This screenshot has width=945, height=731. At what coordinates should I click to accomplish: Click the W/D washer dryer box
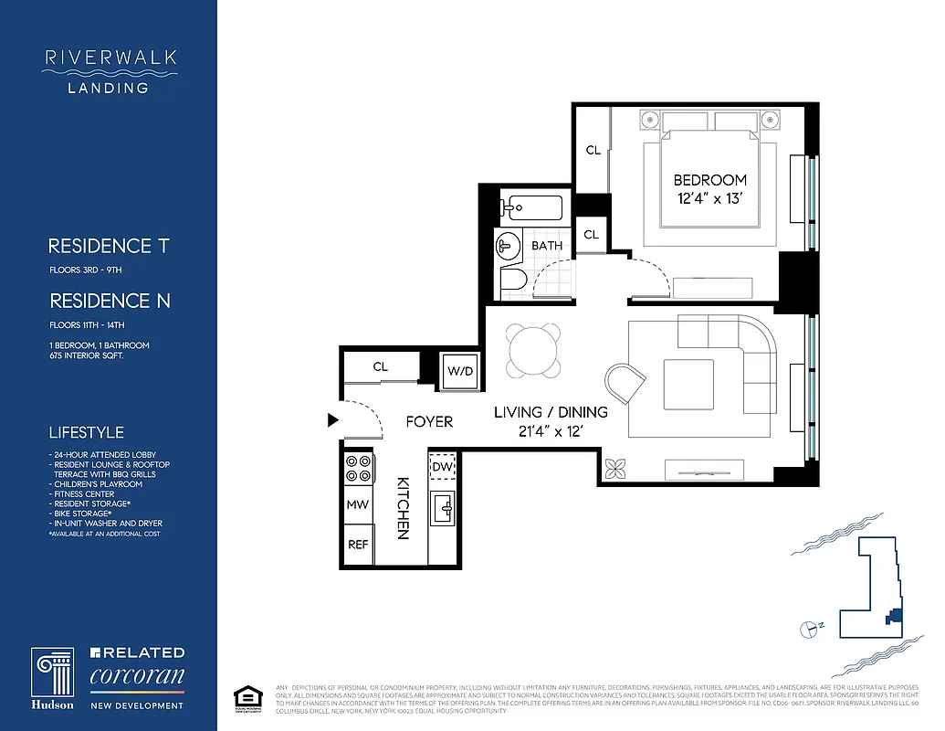[x=457, y=372]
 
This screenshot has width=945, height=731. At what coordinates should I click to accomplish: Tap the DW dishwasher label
[x=443, y=468]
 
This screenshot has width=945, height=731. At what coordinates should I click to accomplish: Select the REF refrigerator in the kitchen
[x=358, y=545]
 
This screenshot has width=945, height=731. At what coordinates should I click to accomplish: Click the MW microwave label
[x=358, y=504]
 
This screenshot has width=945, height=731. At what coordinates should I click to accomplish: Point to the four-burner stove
[x=358, y=468]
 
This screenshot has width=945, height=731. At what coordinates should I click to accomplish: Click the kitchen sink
[x=445, y=506]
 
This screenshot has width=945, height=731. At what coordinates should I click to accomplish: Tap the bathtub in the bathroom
[x=534, y=207]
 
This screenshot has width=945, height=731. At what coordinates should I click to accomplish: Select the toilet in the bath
[x=511, y=281]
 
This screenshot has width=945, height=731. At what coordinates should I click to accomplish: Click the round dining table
[x=533, y=351]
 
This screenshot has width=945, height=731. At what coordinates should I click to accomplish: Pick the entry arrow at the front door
[x=333, y=420]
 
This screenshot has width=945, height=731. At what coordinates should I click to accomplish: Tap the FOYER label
[x=429, y=421]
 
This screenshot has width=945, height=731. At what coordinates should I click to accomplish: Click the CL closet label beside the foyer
[x=380, y=366]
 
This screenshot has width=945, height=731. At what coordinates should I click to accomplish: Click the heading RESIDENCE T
[x=109, y=246]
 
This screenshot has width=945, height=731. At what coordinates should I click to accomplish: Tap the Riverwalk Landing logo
[x=110, y=71]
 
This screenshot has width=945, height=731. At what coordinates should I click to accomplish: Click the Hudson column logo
[x=53, y=677]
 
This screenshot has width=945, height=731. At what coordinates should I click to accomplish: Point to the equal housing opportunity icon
[x=243, y=695]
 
